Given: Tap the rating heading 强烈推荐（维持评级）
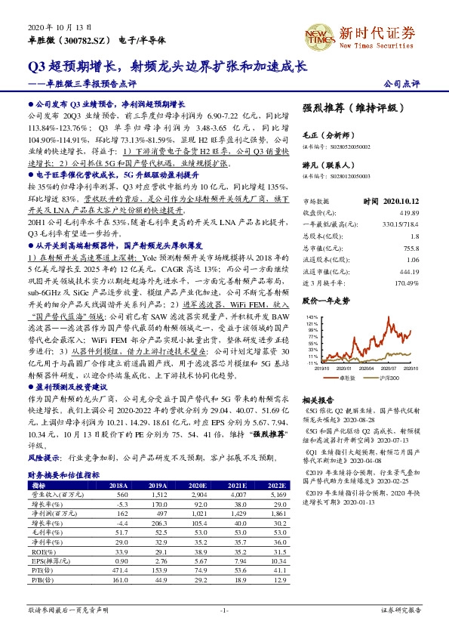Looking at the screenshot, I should coord(349,108).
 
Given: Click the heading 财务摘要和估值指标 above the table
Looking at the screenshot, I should coord(64,475).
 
